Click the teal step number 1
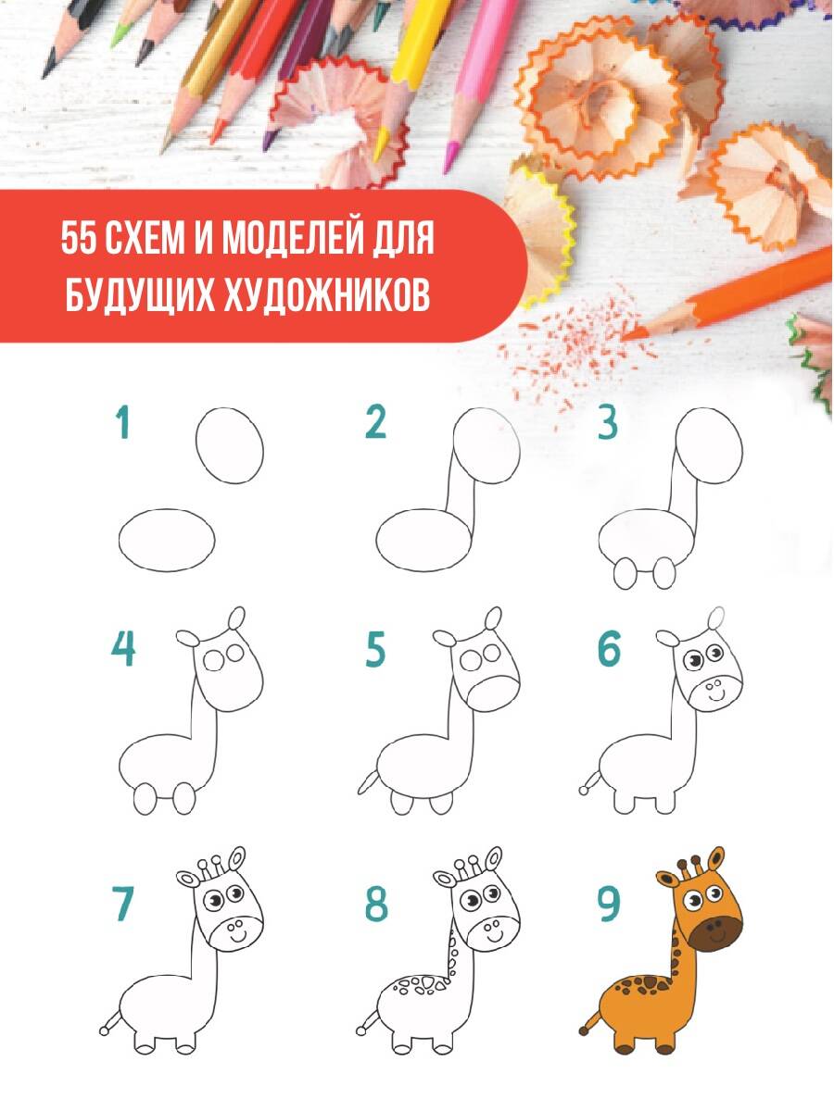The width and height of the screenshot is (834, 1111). (x=123, y=423)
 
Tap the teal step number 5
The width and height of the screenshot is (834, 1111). (x=375, y=649)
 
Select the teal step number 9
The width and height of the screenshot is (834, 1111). (x=609, y=905)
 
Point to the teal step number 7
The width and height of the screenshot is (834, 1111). (x=123, y=905)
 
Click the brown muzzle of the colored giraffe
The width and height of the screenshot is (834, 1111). (x=716, y=935)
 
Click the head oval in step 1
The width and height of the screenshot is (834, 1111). (x=230, y=445)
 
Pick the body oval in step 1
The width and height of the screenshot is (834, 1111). (x=167, y=540)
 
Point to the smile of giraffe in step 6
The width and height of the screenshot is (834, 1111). (x=715, y=697)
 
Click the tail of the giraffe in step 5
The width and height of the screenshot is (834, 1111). (x=368, y=782)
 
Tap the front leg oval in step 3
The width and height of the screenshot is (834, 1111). (x=664, y=572)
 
